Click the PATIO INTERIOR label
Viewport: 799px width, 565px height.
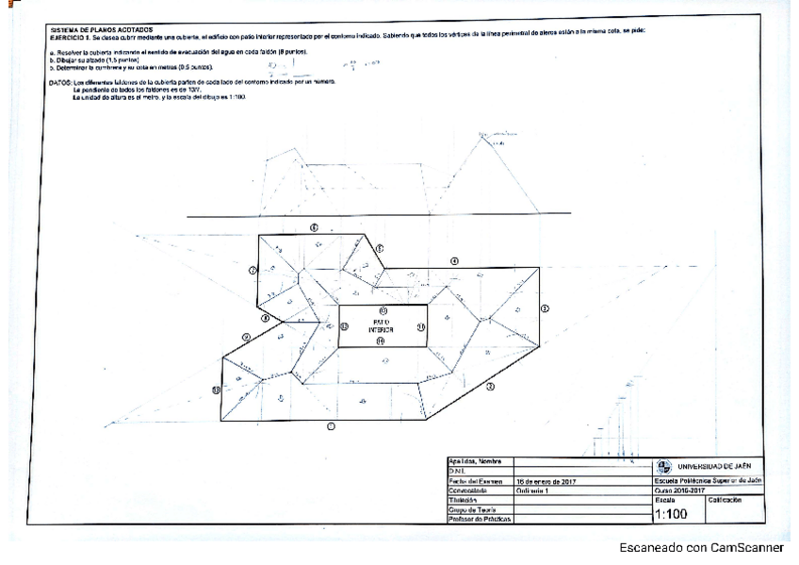[x=381, y=325]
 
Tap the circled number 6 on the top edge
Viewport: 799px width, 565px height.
[x=314, y=227]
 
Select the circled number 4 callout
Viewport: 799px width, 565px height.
[x=453, y=259]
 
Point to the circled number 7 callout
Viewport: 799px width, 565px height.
[x=253, y=271]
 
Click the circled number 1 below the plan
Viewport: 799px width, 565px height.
[x=330, y=426]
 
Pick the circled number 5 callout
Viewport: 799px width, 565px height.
[x=380, y=248]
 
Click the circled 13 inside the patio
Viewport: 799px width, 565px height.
[x=383, y=310]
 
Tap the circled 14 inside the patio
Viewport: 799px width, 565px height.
[x=381, y=341]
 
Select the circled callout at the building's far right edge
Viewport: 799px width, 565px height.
[x=545, y=307]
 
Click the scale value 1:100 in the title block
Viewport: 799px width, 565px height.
[x=671, y=514]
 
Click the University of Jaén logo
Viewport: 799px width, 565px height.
[x=664, y=466]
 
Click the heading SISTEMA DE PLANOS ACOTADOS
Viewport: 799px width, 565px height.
[x=90, y=29]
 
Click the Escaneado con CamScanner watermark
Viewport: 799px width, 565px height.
[x=701, y=547]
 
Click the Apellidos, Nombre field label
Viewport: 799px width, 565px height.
[x=477, y=460]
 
